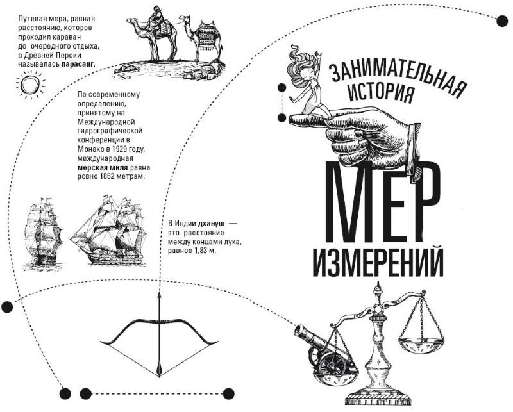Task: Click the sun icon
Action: tap(29, 85)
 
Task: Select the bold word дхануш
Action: tap(204, 222)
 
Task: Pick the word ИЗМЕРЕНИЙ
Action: tap(378, 260)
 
